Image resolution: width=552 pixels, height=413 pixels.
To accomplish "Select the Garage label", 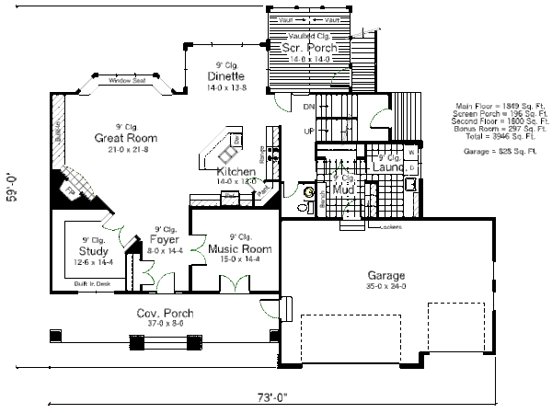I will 386,275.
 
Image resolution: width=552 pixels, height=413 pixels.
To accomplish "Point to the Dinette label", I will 225,76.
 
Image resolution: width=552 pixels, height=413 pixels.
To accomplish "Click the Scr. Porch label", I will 309,48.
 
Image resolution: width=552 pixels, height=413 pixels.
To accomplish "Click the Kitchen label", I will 236,172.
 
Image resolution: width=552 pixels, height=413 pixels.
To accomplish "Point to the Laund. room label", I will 394,168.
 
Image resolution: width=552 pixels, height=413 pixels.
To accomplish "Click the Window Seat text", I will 127,81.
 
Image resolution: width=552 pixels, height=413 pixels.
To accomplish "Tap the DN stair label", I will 309,108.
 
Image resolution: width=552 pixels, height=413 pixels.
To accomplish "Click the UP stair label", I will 309,132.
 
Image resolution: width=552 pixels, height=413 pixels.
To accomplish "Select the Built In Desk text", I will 92,285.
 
